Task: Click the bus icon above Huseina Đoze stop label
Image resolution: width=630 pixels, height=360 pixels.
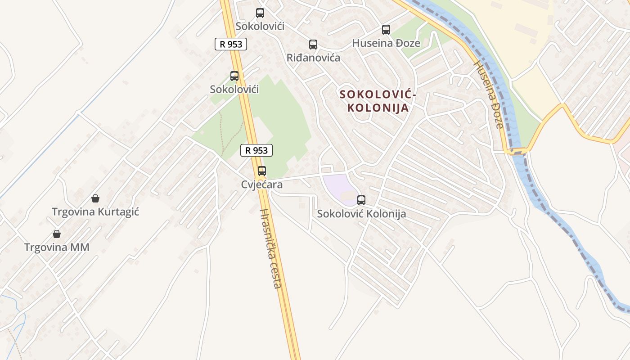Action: [x=386, y=30]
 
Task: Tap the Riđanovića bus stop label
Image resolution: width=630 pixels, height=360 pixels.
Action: [x=313, y=58]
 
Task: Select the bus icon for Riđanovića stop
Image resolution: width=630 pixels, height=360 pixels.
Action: [x=313, y=45]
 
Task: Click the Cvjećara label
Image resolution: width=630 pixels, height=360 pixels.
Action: [x=262, y=184]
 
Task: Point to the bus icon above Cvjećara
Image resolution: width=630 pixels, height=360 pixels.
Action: [x=262, y=171]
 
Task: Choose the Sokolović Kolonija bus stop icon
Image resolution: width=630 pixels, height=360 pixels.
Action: [x=361, y=200]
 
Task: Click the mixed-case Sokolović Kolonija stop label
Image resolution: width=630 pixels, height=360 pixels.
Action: [x=361, y=214]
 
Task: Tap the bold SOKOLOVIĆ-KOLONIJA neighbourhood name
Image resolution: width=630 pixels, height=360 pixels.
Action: [x=378, y=101]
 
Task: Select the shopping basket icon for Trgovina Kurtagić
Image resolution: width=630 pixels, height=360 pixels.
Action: [x=95, y=198]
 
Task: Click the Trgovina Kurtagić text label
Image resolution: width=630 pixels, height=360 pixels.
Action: [x=95, y=211]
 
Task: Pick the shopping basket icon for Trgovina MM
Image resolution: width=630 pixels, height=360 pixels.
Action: [x=57, y=234]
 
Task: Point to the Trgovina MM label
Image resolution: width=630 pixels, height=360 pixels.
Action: [x=57, y=247]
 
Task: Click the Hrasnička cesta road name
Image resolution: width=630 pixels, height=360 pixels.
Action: [x=271, y=248]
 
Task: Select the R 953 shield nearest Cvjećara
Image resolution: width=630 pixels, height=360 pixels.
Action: [x=256, y=150]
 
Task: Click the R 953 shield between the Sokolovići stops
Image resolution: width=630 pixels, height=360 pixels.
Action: [x=231, y=44]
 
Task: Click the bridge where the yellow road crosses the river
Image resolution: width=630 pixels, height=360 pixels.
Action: [x=519, y=151]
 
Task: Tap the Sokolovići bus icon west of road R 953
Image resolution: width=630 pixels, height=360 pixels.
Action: [x=234, y=76]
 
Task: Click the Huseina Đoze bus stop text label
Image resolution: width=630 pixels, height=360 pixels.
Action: [x=386, y=43]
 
